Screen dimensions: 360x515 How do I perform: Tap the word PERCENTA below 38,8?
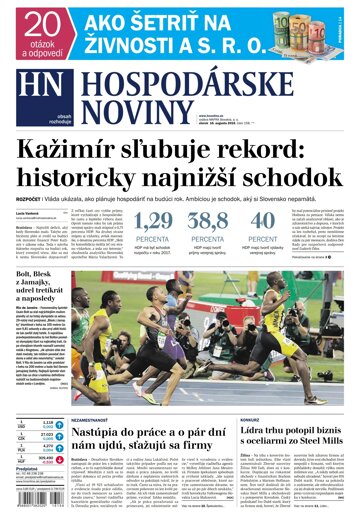(x=207, y=240)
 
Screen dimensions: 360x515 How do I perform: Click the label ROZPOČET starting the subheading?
(x=29, y=198)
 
